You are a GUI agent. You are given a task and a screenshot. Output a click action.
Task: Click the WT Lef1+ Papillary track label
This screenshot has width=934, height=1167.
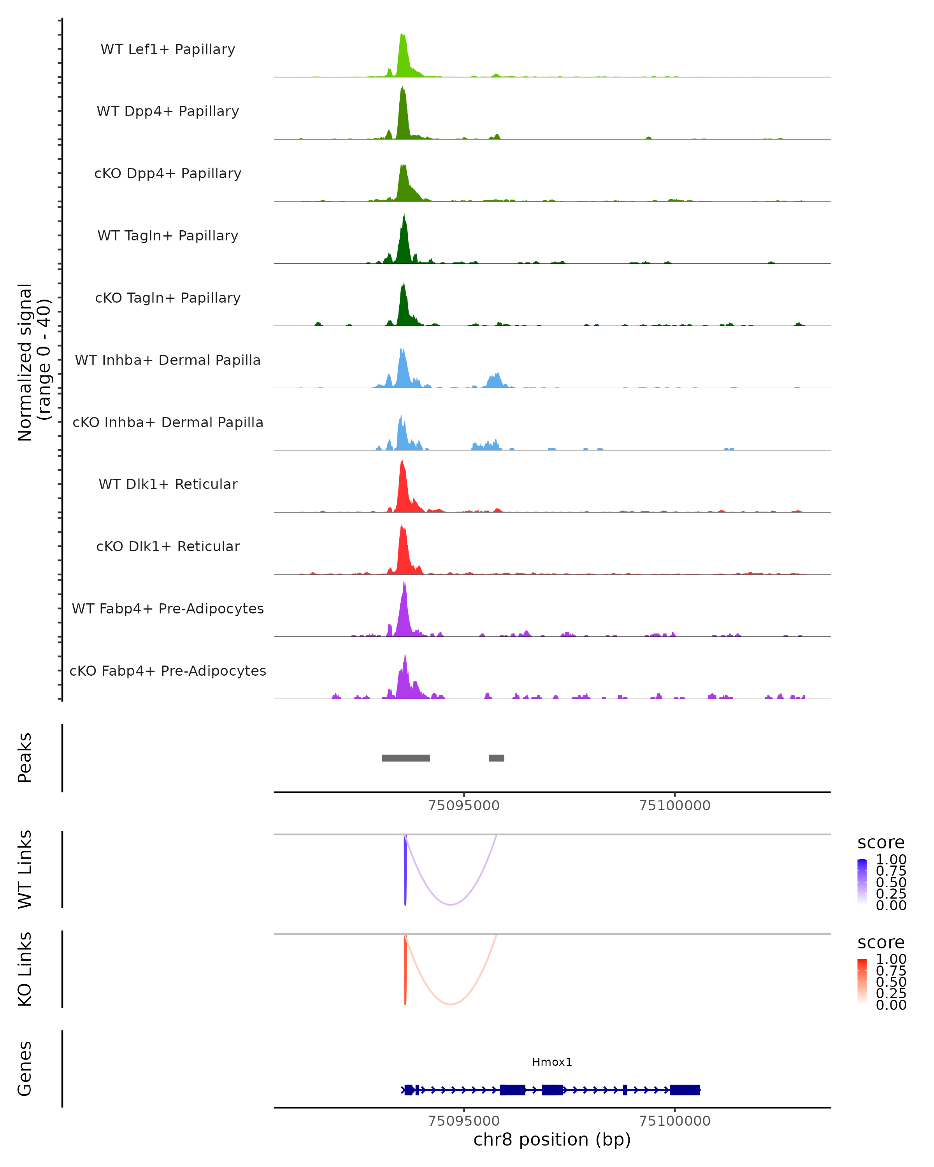pos(168,49)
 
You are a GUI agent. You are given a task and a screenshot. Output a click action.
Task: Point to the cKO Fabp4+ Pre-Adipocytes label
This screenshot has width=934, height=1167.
pos(168,671)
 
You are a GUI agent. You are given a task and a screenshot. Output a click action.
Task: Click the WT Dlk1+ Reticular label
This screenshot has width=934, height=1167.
pos(168,484)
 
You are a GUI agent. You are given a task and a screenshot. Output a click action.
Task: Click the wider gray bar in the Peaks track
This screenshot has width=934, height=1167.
pos(406,758)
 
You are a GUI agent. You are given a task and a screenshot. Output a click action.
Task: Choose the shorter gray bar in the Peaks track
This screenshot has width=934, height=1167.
pos(497,758)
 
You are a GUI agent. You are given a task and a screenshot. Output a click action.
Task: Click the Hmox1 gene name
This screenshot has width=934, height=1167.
pos(552,1062)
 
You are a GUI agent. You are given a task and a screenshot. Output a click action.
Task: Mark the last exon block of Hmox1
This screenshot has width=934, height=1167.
pos(685,1090)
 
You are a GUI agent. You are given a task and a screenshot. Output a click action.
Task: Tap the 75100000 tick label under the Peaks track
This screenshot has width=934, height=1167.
pos(675,806)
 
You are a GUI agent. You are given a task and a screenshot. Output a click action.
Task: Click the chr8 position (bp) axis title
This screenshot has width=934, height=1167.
pos(552,1139)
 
